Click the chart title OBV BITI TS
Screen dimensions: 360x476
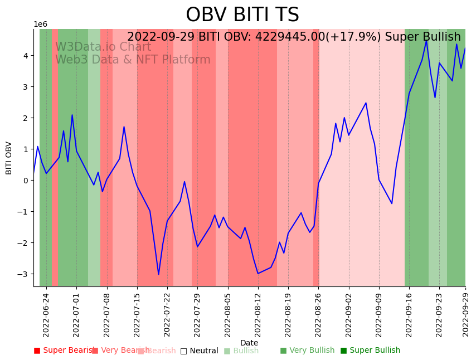point(242,15)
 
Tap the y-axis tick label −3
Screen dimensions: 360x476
point(23,274)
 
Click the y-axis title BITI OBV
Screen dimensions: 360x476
point(9,158)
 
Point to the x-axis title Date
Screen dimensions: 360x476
point(249,343)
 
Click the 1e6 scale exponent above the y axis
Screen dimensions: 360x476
point(41,25)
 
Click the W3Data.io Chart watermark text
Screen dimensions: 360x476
point(103,47)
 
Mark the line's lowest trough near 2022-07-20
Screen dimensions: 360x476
point(158,274)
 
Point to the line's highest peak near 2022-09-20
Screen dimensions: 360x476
point(426,40)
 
